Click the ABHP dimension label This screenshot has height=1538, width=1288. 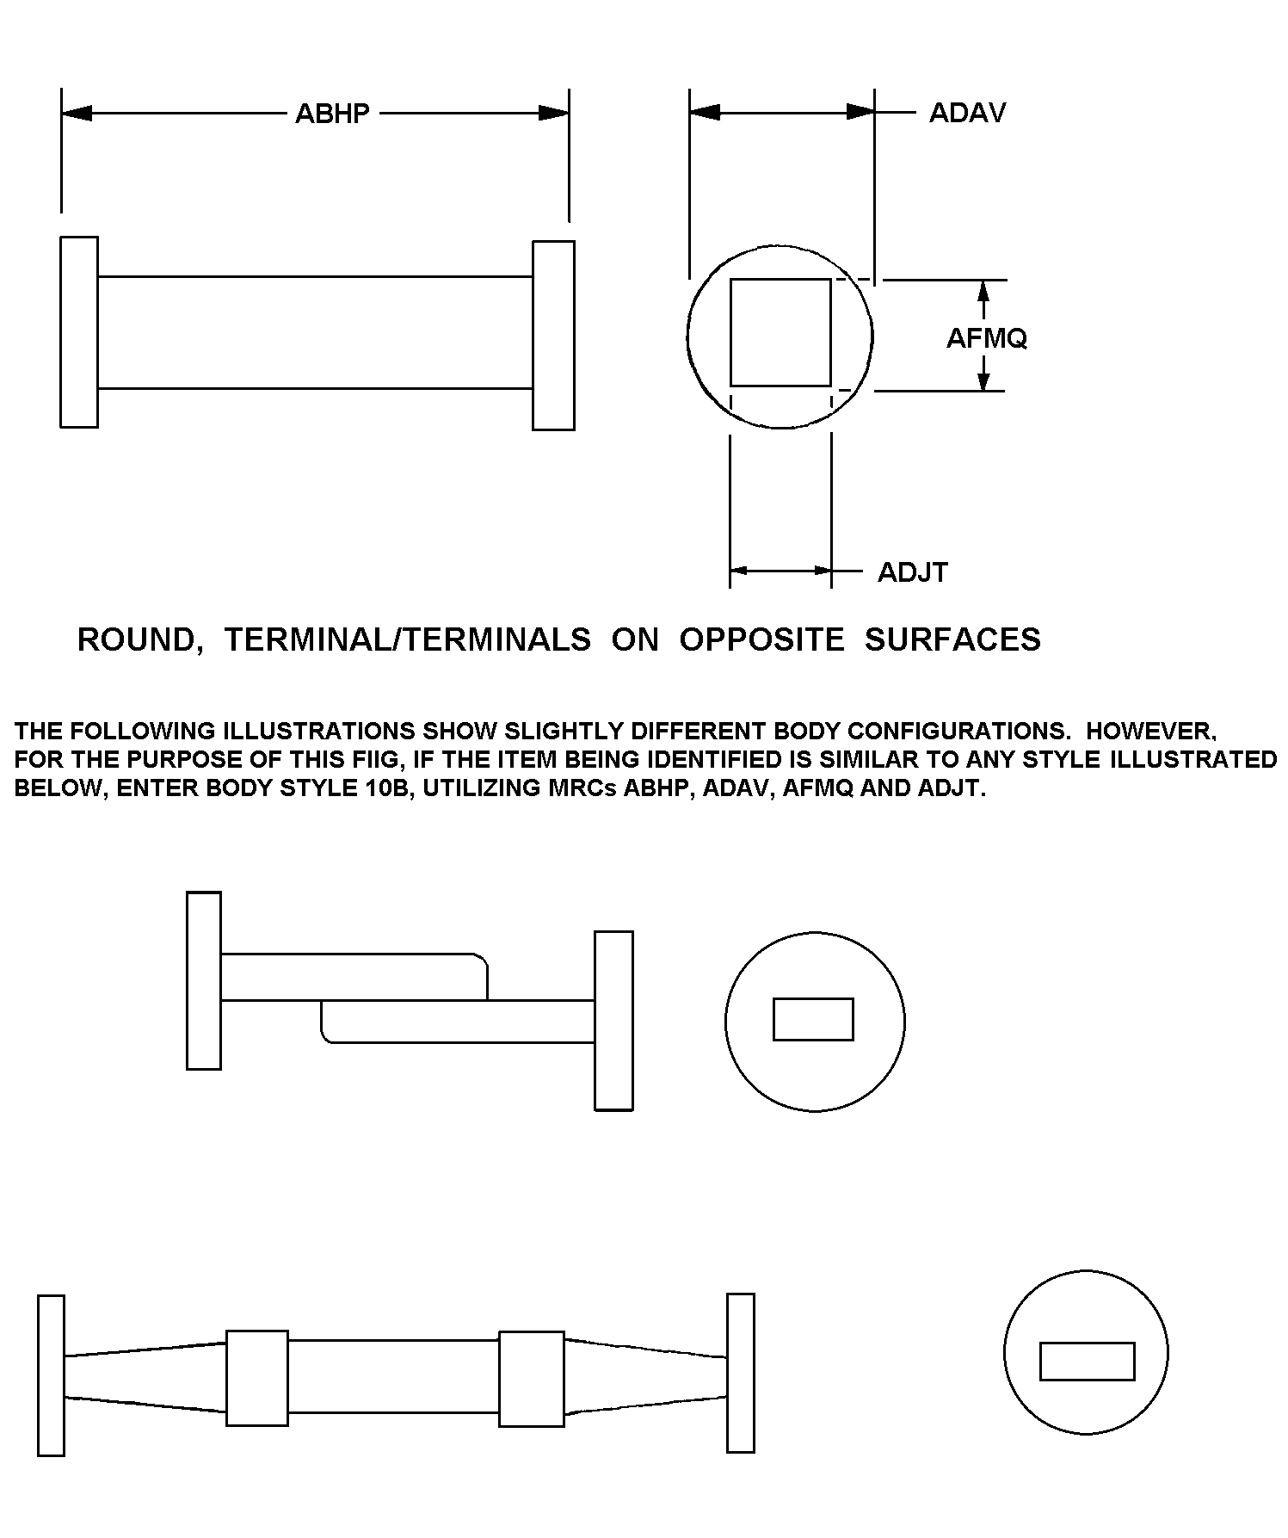pyautogui.click(x=332, y=114)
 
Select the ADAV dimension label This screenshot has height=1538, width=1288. pyautogui.click(x=967, y=113)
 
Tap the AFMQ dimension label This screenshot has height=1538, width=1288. pyautogui.click(x=986, y=338)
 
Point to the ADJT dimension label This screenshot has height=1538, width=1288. pyautogui.click(x=912, y=572)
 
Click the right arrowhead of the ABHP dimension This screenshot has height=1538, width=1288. pyautogui.click(x=553, y=114)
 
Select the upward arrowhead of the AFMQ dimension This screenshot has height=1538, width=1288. pyautogui.click(x=985, y=293)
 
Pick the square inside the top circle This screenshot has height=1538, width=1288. pyautogui.click(x=780, y=332)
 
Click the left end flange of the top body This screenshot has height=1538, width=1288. pyautogui.click(x=79, y=331)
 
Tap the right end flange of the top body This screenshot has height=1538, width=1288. pyautogui.click(x=553, y=335)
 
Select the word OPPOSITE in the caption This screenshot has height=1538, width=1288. pyautogui.click(x=761, y=639)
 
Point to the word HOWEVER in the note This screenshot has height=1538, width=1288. pyautogui.click(x=1150, y=731)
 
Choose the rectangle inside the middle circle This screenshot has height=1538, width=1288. pyautogui.click(x=813, y=1019)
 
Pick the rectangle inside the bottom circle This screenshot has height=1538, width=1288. pyautogui.click(x=1087, y=1361)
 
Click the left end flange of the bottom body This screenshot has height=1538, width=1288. pyautogui.click(x=52, y=1374)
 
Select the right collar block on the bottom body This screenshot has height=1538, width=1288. pyautogui.click(x=532, y=1378)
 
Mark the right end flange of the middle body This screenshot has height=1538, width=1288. pyautogui.click(x=614, y=1020)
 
